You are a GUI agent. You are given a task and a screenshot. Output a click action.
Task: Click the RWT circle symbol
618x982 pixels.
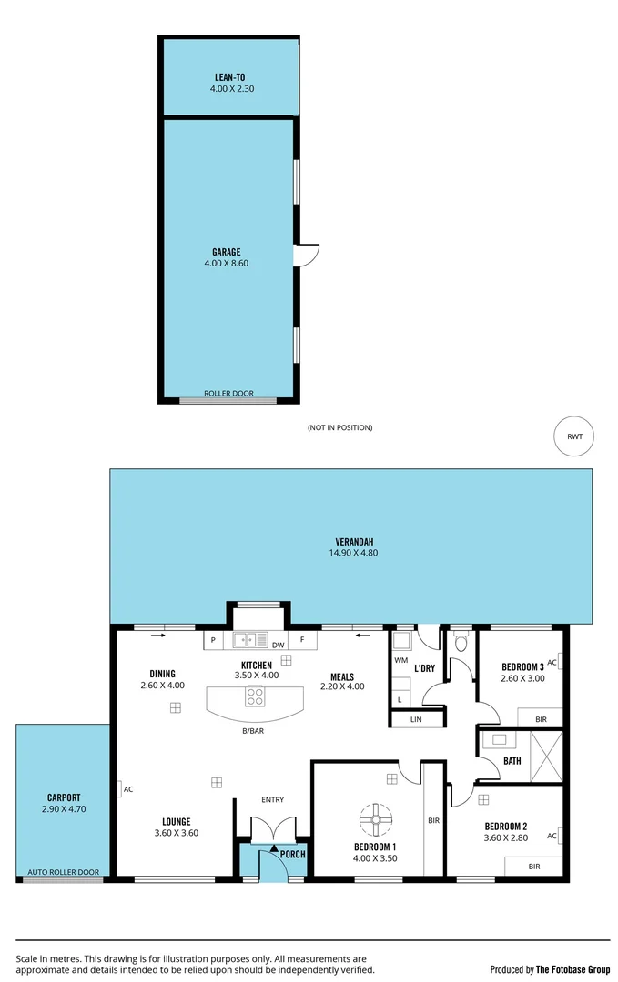574,436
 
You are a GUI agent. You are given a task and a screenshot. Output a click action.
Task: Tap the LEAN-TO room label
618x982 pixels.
229,78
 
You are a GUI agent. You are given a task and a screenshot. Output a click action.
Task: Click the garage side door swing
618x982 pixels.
308,256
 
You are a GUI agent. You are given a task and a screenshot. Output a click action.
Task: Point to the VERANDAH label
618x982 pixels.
350,541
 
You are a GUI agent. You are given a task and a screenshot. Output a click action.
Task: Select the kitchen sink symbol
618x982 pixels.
249,639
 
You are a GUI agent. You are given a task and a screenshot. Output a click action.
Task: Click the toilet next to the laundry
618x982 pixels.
461,643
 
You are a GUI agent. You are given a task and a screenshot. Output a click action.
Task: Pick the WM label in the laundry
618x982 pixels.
400,660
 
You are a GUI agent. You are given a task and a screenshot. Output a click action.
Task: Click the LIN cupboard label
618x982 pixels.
416,719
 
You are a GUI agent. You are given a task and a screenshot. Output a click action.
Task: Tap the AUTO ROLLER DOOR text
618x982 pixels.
63,872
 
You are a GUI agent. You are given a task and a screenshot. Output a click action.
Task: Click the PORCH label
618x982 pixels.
292,854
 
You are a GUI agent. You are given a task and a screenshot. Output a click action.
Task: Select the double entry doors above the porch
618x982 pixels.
272,829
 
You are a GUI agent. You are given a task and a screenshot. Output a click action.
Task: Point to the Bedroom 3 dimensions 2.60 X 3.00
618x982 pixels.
522,678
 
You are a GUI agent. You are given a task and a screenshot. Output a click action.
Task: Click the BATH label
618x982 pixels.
512,761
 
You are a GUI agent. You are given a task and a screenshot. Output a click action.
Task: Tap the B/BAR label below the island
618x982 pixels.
252,731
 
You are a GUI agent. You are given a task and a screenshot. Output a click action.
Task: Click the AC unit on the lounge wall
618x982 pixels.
119,789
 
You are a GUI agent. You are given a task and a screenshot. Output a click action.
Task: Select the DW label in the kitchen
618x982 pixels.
277,646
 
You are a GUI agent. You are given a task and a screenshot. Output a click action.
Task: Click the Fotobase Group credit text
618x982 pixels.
550,969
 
